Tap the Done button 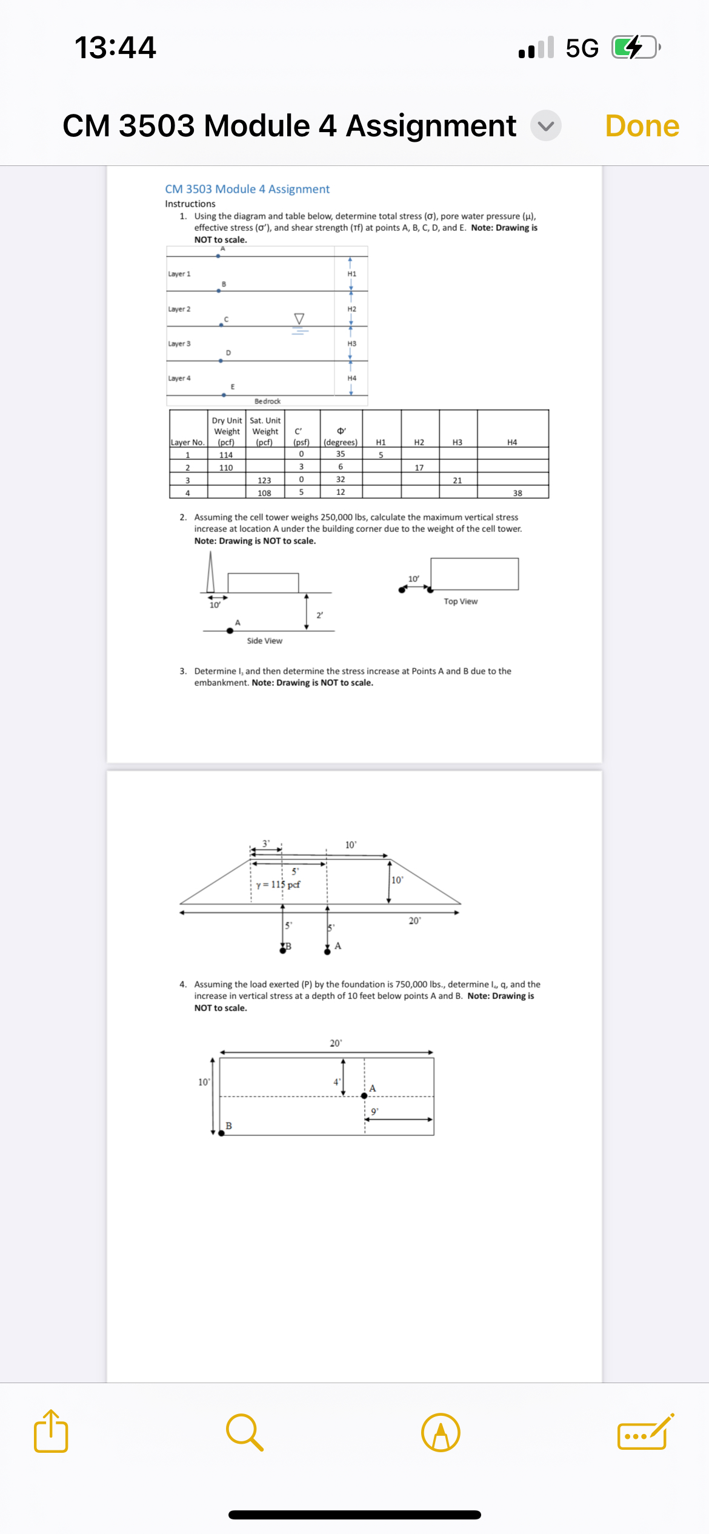[x=642, y=126]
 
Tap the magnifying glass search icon [x=245, y=1432]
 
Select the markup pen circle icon [x=441, y=1432]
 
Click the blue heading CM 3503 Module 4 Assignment [x=247, y=189]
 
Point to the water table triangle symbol [x=299, y=319]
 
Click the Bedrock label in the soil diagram [x=267, y=401]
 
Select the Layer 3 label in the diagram [x=179, y=344]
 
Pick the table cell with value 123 [x=264, y=480]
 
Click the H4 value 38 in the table [x=517, y=493]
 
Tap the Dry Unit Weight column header [x=227, y=431]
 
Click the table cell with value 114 [x=226, y=454]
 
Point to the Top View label [x=461, y=601]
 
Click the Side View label [x=264, y=640]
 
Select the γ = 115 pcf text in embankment [x=278, y=885]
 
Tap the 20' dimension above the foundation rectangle [x=336, y=1043]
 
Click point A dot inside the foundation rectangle [x=364, y=1095]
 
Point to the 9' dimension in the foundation [x=374, y=1112]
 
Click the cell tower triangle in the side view [x=210, y=574]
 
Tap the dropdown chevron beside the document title [x=545, y=126]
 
